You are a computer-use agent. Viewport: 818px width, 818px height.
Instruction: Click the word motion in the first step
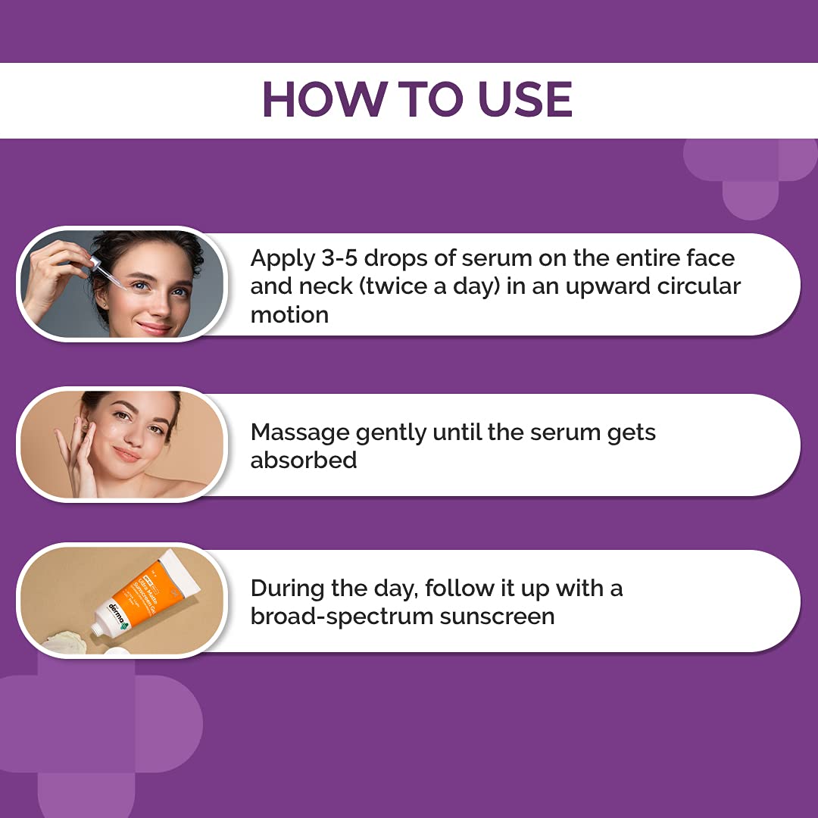289,314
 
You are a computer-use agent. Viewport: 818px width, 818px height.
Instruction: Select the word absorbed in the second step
304,460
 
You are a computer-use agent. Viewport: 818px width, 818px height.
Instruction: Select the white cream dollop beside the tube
71,642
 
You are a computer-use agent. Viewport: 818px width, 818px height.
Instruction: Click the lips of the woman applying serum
155,328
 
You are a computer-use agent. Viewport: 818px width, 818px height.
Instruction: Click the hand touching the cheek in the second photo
76,454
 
